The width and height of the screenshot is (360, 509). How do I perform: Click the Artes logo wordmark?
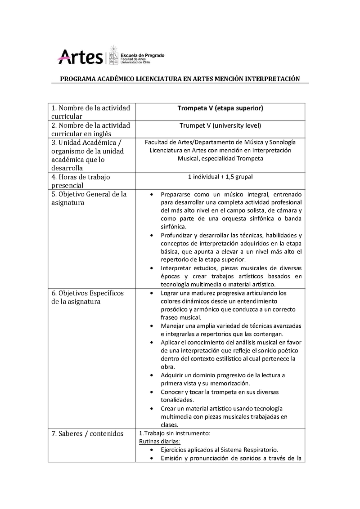click(x=81, y=57)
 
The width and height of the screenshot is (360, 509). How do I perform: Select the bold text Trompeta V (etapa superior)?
click(x=220, y=108)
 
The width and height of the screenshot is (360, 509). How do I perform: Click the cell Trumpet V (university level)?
click(x=220, y=125)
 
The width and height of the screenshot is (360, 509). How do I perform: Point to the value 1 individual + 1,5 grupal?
click(x=220, y=177)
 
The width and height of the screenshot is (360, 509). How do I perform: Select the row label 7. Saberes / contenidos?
click(x=87, y=434)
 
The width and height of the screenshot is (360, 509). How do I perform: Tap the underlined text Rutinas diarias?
click(x=156, y=442)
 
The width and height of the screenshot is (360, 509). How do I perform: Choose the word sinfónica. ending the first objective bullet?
click(x=173, y=227)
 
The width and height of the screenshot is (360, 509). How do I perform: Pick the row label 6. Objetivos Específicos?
click(x=88, y=297)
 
